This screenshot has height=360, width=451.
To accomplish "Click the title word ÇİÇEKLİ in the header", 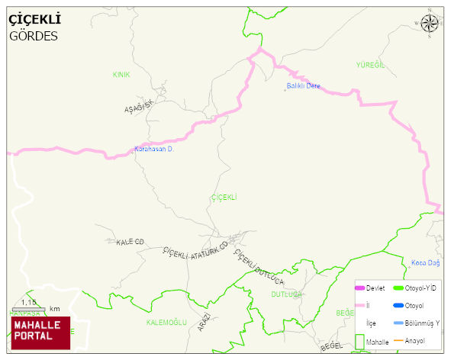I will (34, 19).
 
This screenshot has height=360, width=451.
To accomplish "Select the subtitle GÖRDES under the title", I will (34, 36).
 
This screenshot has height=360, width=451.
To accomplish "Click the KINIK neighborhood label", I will (121, 75).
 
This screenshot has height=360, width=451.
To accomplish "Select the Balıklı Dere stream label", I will (302, 85).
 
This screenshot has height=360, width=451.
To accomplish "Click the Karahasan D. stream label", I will (155, 149).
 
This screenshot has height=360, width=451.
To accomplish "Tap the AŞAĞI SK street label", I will (140, 106).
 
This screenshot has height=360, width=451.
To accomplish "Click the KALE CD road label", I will (130, 242).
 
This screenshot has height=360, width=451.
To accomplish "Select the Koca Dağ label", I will (426, 263).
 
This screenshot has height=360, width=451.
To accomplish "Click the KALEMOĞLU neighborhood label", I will (166, 323).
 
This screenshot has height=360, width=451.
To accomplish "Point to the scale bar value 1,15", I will (29, 303).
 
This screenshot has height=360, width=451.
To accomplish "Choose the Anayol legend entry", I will (414, 339).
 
